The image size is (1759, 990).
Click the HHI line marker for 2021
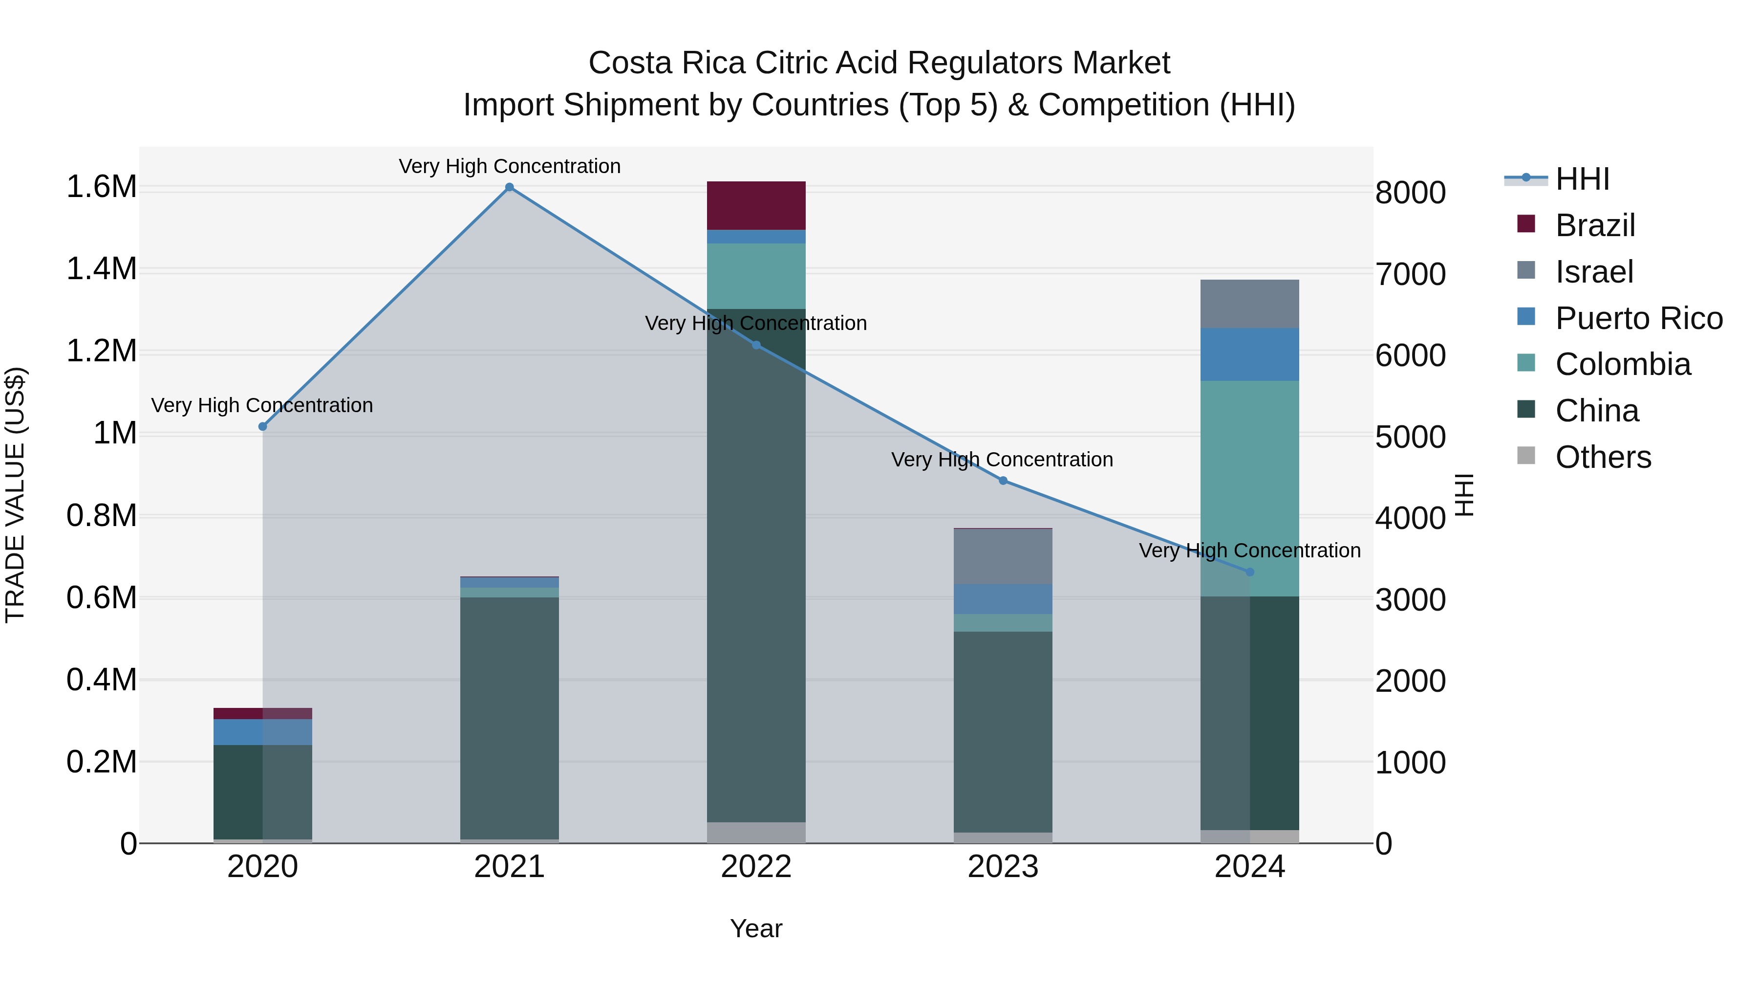510,187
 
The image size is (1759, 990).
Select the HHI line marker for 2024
1249,572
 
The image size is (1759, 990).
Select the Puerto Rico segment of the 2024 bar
1249,354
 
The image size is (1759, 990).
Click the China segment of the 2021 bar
510,717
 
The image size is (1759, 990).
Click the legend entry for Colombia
1622,364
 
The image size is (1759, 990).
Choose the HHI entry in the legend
1582,179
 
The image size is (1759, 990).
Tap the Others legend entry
1603,457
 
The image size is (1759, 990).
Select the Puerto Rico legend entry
1638,318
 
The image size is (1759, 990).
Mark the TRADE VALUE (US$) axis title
15,495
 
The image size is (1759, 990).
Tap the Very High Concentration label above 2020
262,405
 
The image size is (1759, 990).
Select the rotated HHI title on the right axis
1464,495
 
